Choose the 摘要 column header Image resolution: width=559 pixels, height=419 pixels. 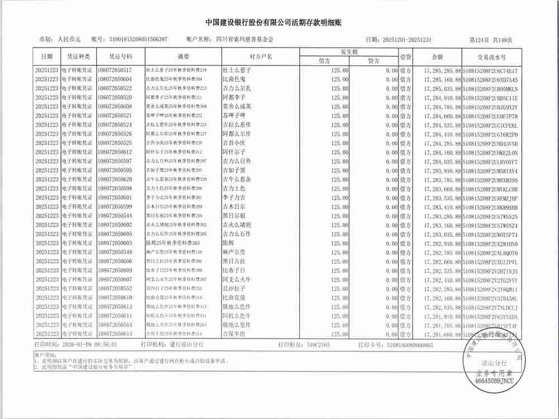(x=184, y=57)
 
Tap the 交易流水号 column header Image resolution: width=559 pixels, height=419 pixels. (x=491, y=57)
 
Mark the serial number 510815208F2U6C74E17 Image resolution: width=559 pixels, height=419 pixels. (x=490, y=70)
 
